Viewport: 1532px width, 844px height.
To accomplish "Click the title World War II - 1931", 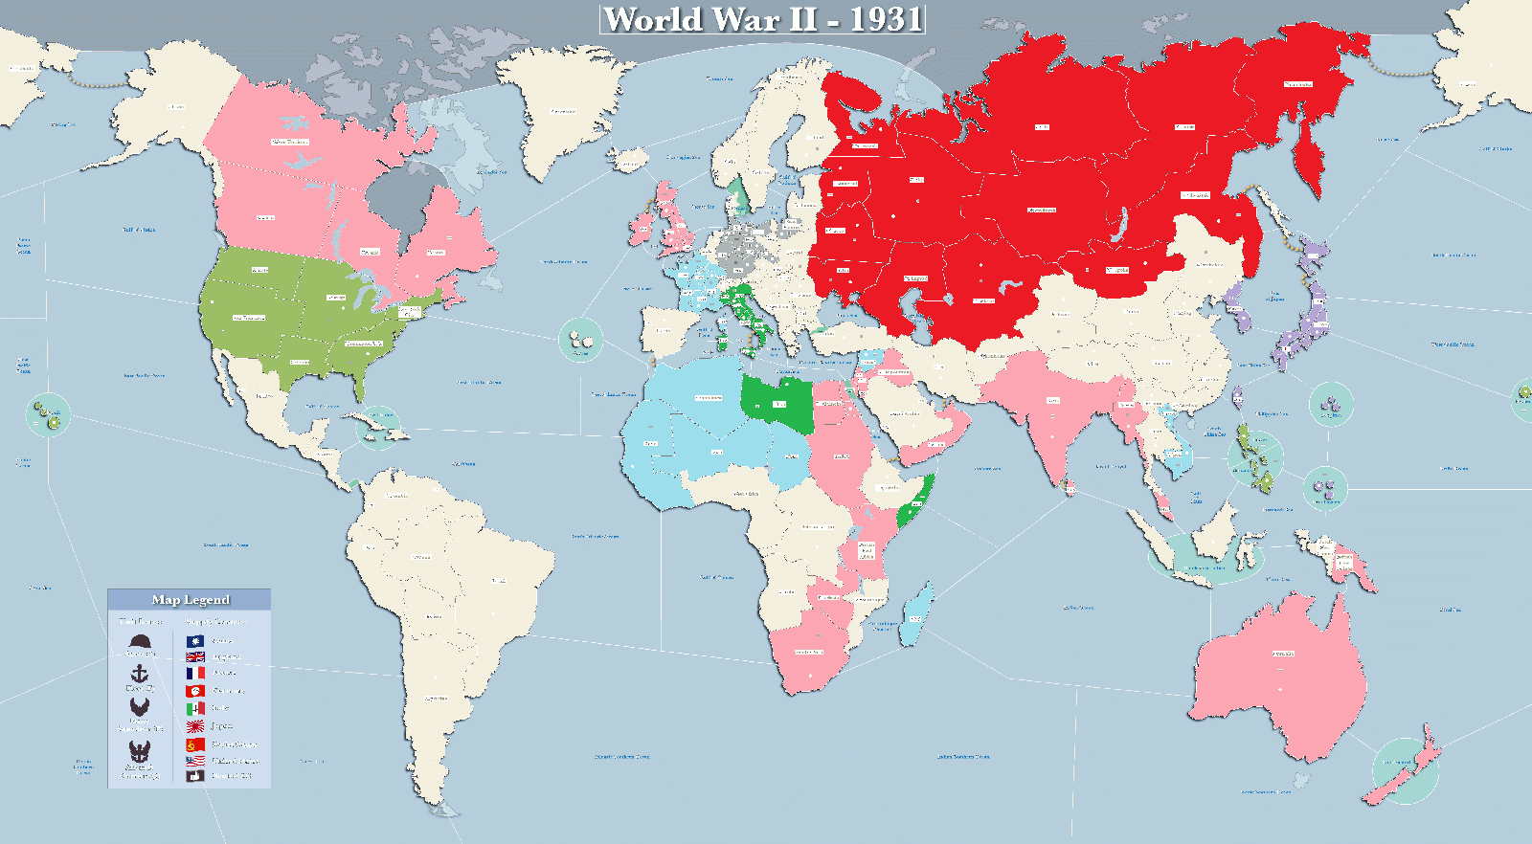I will point(762,19).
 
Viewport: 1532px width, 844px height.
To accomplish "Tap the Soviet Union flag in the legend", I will point(195,744).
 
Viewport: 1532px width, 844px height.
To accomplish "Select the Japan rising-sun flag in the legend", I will point(195,726).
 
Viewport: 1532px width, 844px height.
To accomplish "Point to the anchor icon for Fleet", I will point(140,675).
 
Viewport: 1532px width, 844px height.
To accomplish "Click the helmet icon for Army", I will point(140,640).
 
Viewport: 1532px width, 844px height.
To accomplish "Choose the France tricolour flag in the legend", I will point(195,673).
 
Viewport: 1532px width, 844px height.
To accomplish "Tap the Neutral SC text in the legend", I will point(232,776).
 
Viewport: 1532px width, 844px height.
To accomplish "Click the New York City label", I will point(409,311).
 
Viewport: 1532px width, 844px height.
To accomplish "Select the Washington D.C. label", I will point(363,343).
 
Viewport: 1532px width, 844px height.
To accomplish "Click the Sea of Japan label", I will point(1274,296).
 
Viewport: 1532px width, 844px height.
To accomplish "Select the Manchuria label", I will point(1209,265).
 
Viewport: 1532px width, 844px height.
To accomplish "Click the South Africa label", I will point(809,653).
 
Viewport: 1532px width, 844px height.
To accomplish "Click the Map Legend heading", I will point(191,600).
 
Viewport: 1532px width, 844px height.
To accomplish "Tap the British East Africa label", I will point(867,550).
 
